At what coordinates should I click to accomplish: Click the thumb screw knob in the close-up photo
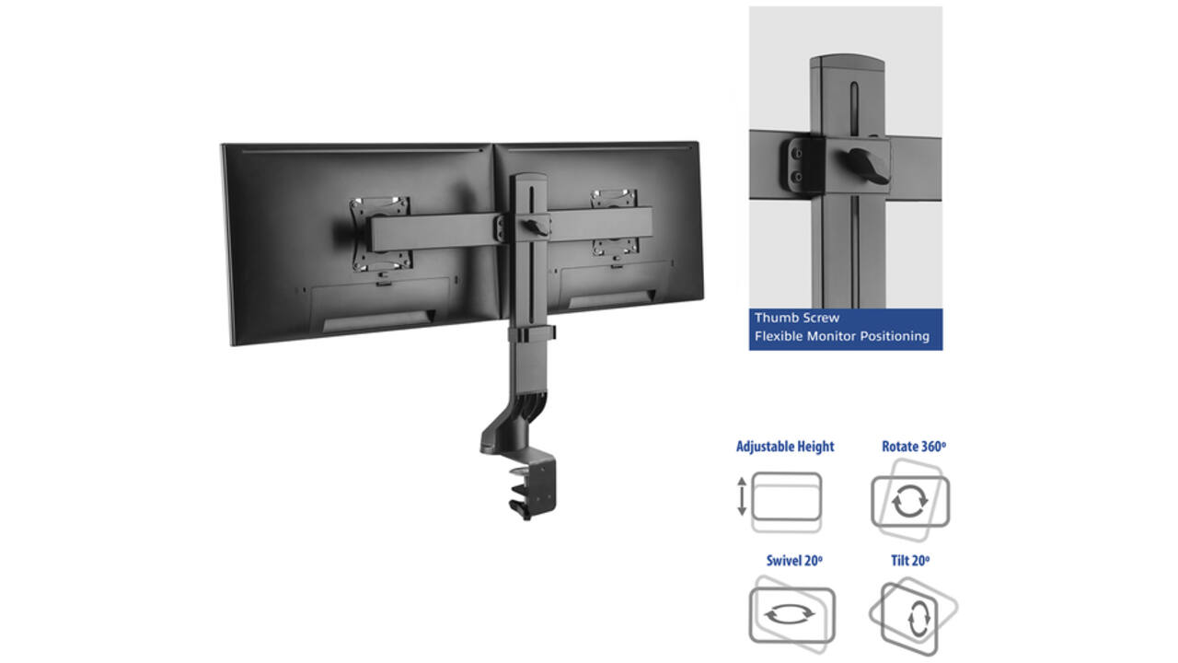click(x=868, y=165)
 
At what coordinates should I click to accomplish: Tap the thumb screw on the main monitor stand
click(x=537, y=227)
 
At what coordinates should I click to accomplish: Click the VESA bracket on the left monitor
click(x=381, y=235)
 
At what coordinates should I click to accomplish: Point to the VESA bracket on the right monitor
click(x=614, y=224)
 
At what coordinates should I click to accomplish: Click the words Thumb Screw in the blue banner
click(x=797, y=318)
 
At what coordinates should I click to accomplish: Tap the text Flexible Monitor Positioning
click(x=842, y=336)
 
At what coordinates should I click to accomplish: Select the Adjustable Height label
click(x=785, y=447)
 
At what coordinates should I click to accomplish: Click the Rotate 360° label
click(x=914, y=447)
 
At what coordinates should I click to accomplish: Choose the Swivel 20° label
click(x=794, y=561)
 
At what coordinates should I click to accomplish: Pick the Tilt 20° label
click(x=910, y=561)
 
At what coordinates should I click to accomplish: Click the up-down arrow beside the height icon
click(x=742, y=496)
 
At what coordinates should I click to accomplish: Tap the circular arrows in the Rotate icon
click(x=910, y=501)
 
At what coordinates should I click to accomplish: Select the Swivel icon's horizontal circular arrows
click(x=790, y=613)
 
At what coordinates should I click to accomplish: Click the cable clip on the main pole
click(x=531, y=334)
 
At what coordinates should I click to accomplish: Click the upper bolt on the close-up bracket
click(x=798, y=154)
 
